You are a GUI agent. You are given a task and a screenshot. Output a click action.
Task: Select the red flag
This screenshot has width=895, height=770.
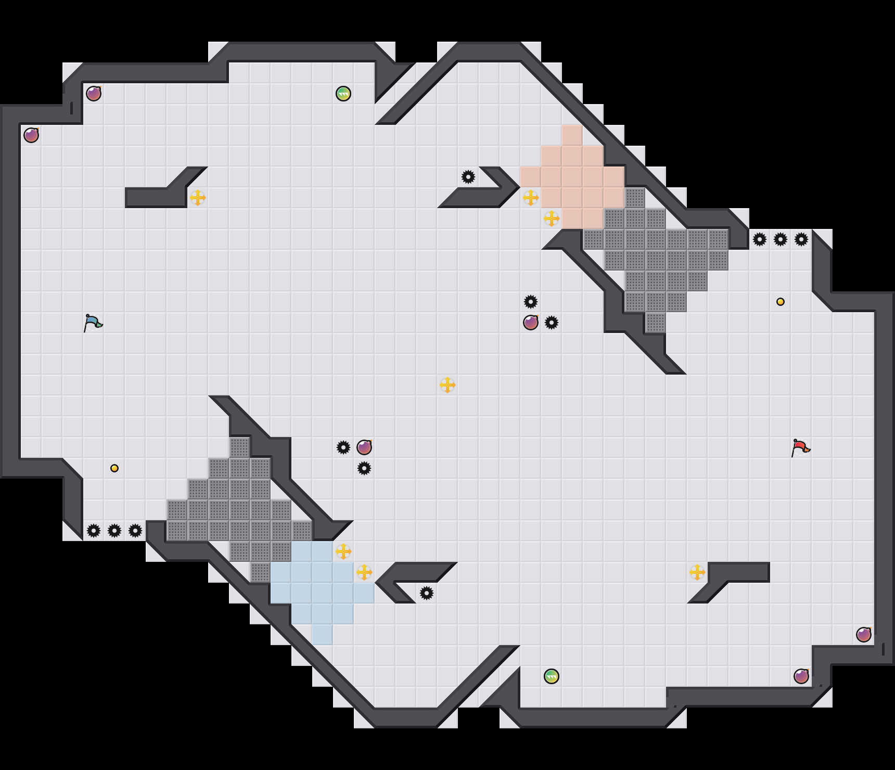(800, 448)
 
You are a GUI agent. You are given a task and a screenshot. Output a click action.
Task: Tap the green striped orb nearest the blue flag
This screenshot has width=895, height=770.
(343, 94)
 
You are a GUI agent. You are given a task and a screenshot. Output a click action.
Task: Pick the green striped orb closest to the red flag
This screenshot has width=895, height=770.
(552, 676)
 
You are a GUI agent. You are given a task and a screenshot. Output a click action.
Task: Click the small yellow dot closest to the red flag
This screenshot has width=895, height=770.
(781, 302)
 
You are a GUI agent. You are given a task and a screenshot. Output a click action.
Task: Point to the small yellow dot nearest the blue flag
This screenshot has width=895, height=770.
(114, 468)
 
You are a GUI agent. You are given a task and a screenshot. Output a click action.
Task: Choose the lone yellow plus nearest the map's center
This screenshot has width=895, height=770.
(448, 385)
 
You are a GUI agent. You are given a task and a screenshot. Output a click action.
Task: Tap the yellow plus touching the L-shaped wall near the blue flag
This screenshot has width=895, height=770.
(198, 198)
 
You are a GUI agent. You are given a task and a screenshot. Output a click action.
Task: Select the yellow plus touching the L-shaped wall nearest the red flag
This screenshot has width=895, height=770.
(697, 572)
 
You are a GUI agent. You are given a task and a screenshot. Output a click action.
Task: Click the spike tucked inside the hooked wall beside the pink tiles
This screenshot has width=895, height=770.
(468, 177)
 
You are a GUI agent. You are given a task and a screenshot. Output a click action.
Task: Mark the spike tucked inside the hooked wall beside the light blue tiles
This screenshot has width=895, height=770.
(427, 593)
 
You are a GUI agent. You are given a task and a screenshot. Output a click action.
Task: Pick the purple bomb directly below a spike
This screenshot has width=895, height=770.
(531, 323)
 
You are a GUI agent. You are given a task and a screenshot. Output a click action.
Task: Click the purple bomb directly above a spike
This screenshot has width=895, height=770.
(364, 447)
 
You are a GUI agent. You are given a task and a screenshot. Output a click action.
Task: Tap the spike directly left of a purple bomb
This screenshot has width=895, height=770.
(343, 447)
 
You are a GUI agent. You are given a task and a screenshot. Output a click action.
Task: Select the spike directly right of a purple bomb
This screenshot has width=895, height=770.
(552, 323)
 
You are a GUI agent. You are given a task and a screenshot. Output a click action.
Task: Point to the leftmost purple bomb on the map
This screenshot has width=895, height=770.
(31, 135)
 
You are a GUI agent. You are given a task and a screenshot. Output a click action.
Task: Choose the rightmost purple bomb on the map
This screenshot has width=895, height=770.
(864, 635)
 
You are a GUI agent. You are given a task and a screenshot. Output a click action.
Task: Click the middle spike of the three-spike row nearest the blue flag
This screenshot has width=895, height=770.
(114, 531)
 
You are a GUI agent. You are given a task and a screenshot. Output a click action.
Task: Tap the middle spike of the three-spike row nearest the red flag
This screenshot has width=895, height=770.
(781, 239)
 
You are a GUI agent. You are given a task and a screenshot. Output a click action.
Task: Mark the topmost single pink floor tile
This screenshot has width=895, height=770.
(572, 135)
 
